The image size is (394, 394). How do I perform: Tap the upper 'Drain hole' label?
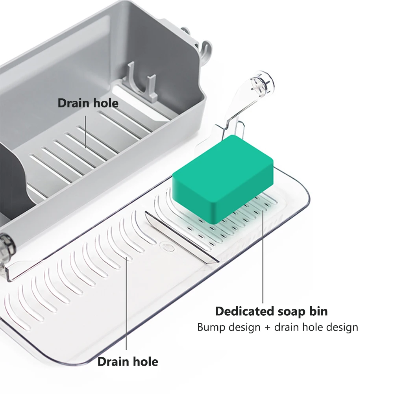88,103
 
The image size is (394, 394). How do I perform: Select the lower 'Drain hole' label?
128,361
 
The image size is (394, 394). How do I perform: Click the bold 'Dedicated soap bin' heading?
271,311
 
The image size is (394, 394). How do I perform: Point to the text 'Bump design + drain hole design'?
277,327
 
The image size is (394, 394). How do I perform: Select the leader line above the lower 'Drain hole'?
127,303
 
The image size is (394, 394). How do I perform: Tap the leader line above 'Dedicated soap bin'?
263,256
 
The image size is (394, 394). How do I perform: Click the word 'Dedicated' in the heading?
241,311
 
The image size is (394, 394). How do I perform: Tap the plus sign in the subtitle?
267,327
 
